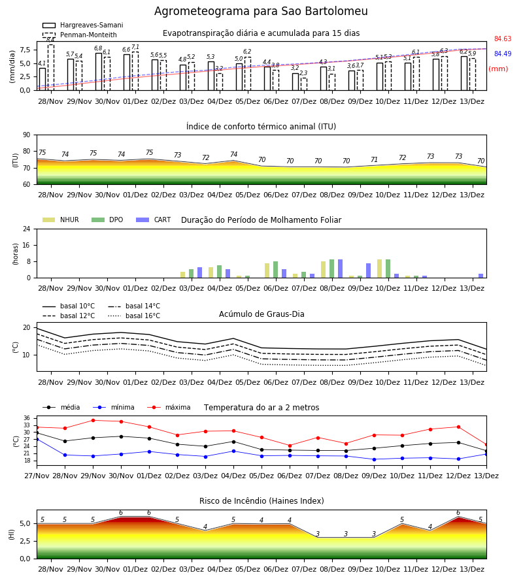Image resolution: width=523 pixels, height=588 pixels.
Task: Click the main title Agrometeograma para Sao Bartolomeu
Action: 261,11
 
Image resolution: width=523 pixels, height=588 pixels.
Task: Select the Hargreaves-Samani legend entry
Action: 83,25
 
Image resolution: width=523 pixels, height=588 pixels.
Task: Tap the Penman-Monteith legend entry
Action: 80,35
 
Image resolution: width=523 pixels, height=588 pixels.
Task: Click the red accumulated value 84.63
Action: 503,39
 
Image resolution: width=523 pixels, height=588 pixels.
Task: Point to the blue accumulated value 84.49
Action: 503,54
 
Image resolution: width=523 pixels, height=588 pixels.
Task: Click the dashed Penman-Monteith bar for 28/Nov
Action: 51,67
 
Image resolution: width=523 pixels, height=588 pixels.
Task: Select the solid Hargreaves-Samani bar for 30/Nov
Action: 99,72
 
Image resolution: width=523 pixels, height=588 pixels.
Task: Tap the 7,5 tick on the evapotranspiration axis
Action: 25,50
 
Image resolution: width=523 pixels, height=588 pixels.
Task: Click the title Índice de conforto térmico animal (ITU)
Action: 261,126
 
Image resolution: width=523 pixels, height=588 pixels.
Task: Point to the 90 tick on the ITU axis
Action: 27,135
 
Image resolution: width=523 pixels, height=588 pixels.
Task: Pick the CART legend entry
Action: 154,220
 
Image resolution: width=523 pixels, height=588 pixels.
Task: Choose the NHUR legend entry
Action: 61,220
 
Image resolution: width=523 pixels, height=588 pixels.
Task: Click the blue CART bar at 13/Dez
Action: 481,276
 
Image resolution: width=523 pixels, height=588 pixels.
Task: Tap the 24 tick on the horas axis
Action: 27,229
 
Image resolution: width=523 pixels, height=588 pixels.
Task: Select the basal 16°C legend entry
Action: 134,316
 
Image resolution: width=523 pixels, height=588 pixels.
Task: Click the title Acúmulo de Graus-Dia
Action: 261,314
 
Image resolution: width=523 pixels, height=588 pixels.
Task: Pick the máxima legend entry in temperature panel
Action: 169,407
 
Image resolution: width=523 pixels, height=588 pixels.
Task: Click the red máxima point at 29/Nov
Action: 93,420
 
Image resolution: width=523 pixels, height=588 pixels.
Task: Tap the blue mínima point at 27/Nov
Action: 37,439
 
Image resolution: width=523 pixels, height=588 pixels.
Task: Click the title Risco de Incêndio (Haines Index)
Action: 261,501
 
